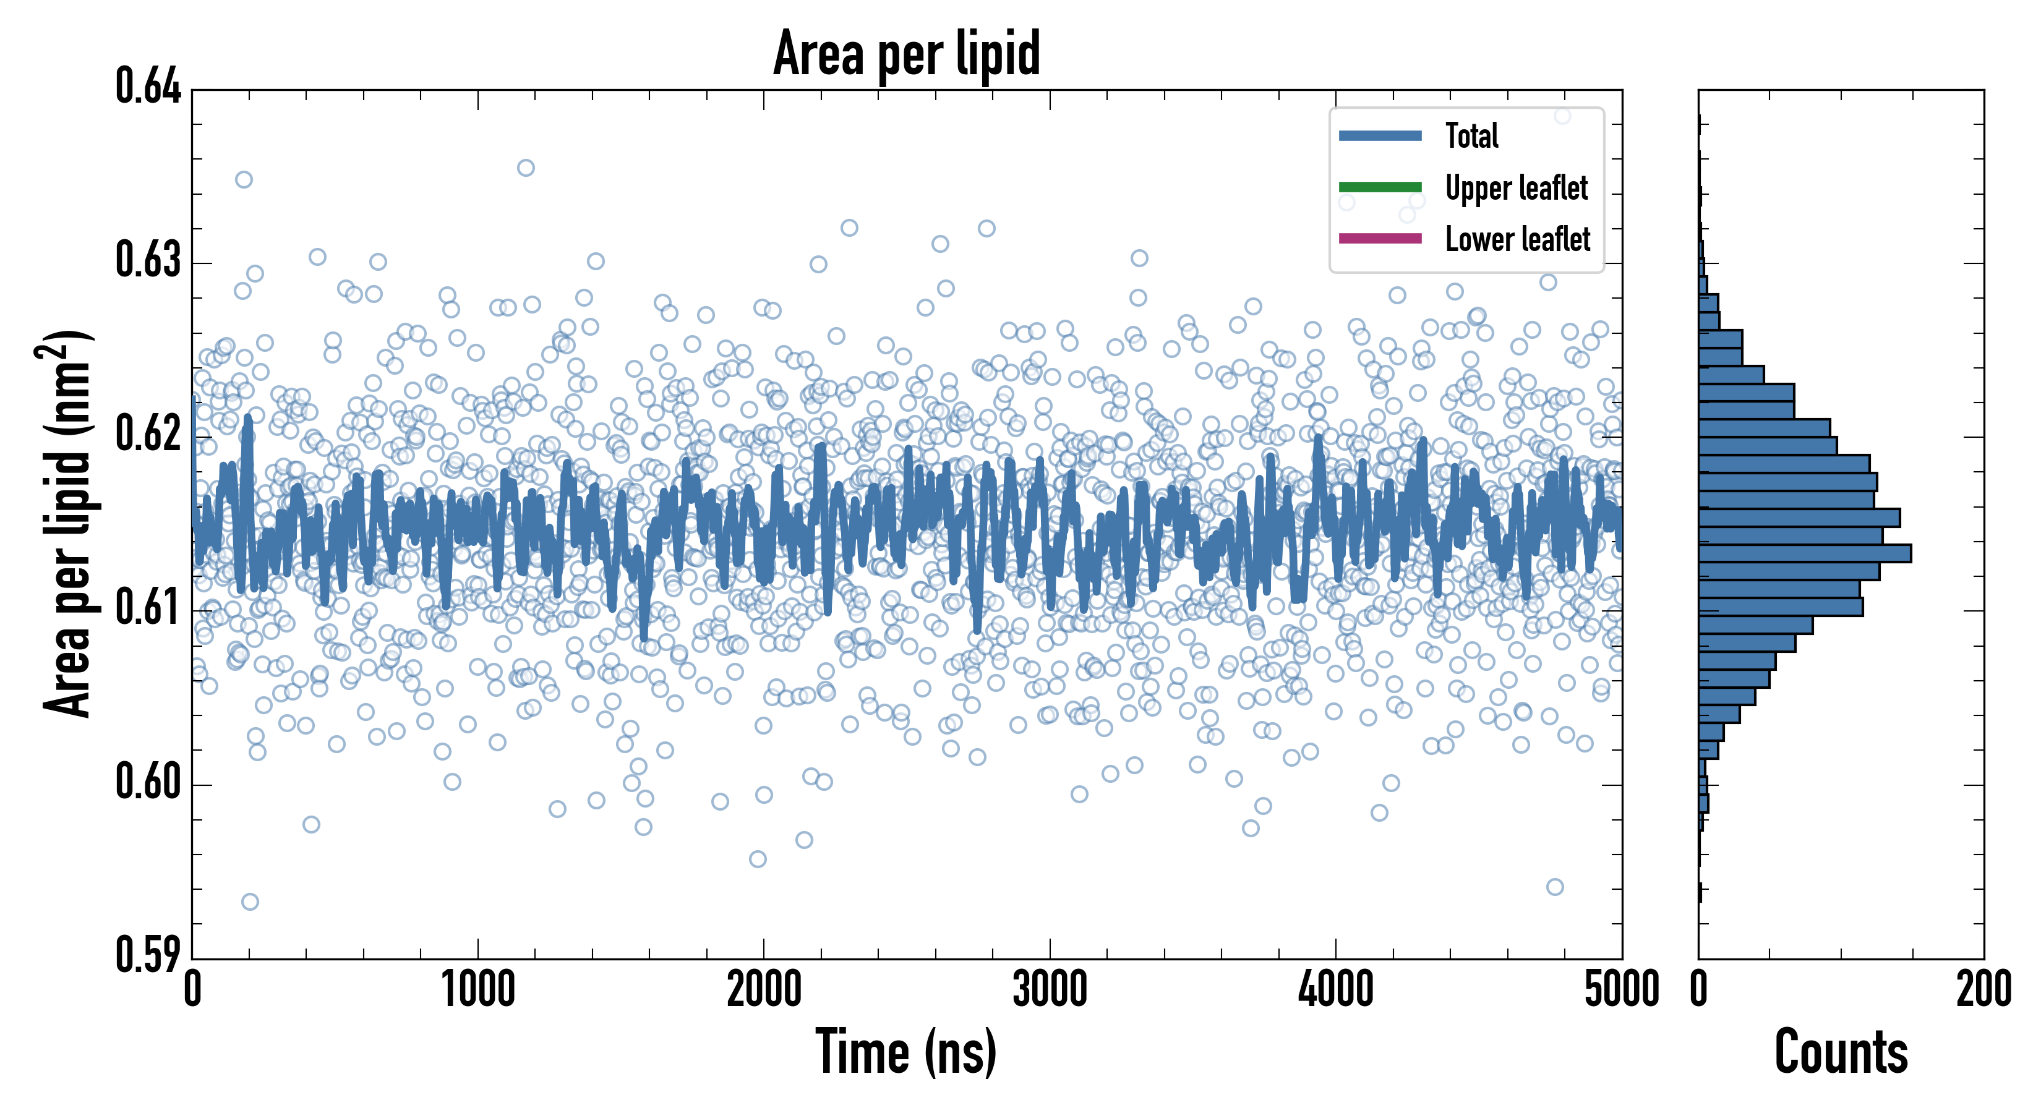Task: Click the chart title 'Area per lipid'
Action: pos(907,53)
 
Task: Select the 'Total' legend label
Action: pos(1471,135)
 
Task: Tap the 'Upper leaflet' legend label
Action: pos(1516,188)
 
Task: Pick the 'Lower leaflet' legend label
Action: pos(1517,239)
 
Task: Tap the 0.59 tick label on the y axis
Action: pos(148,955)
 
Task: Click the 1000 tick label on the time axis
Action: pos(477,990)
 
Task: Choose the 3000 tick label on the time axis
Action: pos(1050,990)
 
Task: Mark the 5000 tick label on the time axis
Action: pos(1621,990)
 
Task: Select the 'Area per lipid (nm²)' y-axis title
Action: pos(67,523)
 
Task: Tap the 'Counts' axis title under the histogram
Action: pos(1841,1052)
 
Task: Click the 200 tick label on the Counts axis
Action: pos(1983,990)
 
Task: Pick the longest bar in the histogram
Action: pos(1804,553)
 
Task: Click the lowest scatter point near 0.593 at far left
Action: pos(250,902)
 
